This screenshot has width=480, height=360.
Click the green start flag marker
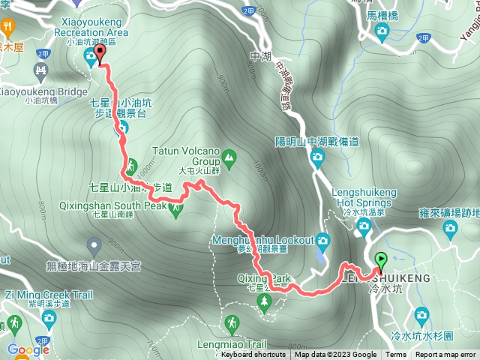click(380, 261)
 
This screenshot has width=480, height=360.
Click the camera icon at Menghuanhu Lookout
click(323, 241)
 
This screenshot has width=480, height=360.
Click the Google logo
click(28, 349)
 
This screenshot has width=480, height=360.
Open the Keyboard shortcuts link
click(253, 355)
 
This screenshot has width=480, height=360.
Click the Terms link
click(396, 355)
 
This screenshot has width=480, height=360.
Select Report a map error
click(445, 355)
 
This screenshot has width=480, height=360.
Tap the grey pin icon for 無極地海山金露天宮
click(94, 244)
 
